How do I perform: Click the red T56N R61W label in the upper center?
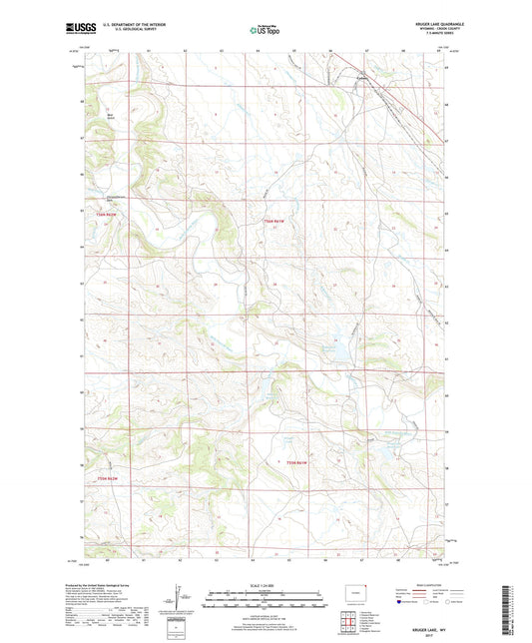coord(273,221)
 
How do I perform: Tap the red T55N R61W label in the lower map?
coord(298,462)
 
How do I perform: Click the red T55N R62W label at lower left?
coord(109,479)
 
